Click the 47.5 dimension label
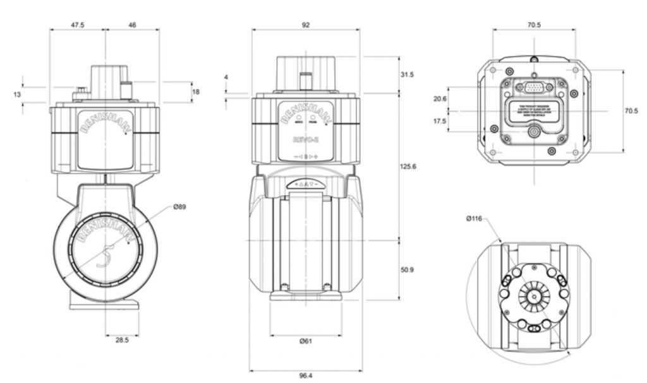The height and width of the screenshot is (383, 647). (78, 25)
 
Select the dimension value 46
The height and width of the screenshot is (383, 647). (132, 25)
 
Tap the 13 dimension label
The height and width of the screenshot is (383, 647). (17, 94)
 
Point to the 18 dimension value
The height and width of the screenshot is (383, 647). (196, 91)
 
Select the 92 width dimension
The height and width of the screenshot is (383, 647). (306, 25)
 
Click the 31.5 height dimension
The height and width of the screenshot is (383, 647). (408, 74)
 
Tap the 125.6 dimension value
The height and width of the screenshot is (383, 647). (409, 167)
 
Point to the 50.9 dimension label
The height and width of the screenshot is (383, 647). (408, 269)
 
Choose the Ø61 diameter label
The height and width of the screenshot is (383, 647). (306, 341)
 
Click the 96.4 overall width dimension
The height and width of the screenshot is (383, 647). (306, 375)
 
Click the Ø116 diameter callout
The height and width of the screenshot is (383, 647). (475, 218)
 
